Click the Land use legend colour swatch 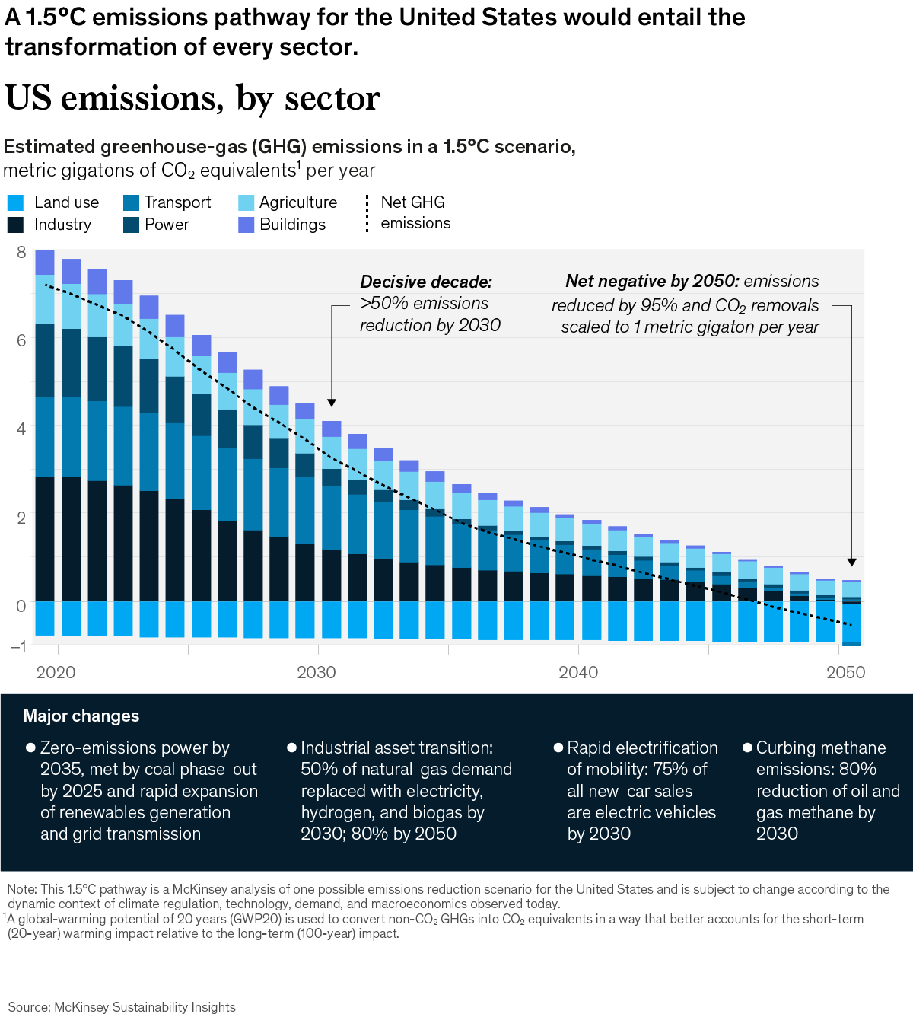point(15,202)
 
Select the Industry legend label point(62,225)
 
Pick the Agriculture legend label point(297,202)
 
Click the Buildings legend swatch point(246,225)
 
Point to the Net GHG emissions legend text point(415,212)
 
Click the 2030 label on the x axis point(317,672)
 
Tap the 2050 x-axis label point(845,672)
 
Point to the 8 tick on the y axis point(21,252)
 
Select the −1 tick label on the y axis point(18,646)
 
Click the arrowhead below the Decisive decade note point(332,403)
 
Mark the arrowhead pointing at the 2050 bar point(851,562)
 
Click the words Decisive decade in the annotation point(426,282)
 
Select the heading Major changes point(81,716)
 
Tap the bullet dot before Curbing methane point(747,748)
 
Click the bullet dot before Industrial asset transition point(291,748)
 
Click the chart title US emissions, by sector point(192,98)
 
